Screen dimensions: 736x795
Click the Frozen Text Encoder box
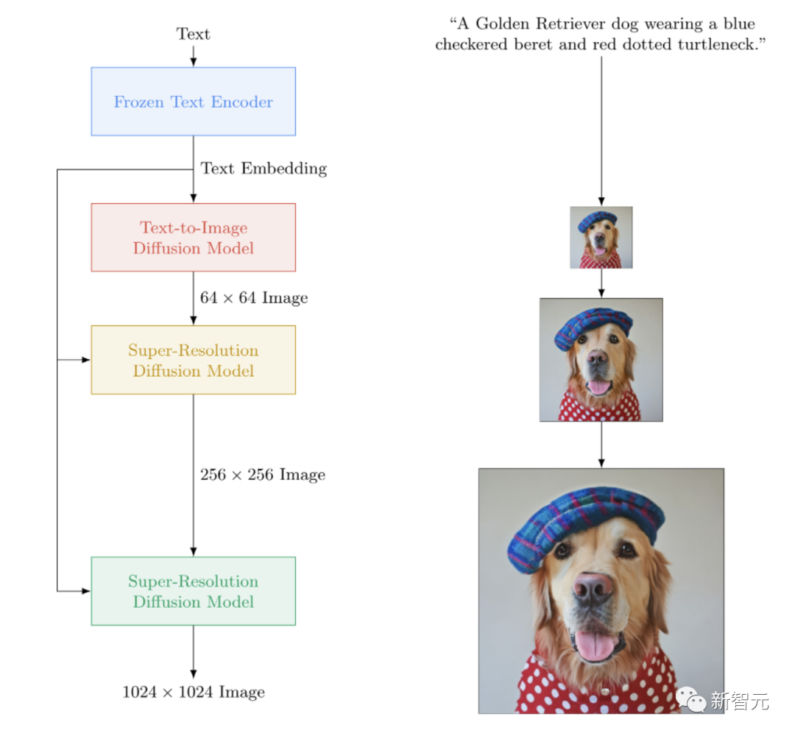(x=193, y=102)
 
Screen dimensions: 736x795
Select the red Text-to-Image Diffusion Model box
(x=193, y=238)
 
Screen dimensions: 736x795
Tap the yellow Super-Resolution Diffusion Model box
(x=193, y=360)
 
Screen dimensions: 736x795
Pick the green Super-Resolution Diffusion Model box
(x=193, y=591)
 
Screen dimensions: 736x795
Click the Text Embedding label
(x=264, y=169)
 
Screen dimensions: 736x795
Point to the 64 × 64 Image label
(x=254, y=298)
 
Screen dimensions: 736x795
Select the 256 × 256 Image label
(x=263, y=475)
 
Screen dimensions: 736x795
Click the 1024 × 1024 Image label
(x=194, y=692)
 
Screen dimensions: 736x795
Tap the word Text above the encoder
(x=193, y=34)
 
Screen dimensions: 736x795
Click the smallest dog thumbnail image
(x=601, y=238)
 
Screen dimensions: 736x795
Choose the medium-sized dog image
(x=601, y=360)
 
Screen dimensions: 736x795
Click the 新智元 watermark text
(x=739, y=701)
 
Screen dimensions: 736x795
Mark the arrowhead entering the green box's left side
(x=86, y=591)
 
